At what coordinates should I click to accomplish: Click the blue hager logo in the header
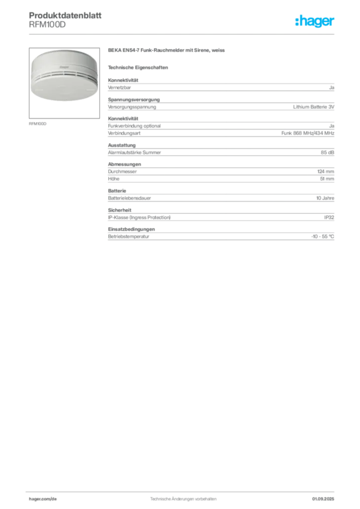pyautogui.click(x=316, y=21)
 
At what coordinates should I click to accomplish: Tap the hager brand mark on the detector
pyautogui.click(x=63, y=65)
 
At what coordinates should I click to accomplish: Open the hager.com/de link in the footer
pyautogui.click(x=43, y=498)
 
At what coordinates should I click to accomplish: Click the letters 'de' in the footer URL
pyautogui.click(x=56, y=498)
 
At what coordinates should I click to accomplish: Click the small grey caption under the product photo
pyautogui.click(x=38, y=123)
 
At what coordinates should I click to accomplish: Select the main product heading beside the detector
pyautogui.click(x=167, y=51)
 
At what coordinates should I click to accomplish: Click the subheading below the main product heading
pyautogui.click(x=139, y=67)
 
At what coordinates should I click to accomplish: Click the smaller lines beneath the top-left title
pyautogui.click(x=47, y=26)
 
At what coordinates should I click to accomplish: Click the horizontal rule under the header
pyautogui.click(x=183, y=34)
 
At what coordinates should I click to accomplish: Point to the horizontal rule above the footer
pyautogui.click(x=183, y=490)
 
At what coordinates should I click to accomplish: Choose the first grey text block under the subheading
pyautogui.click(x=221, y=87)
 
